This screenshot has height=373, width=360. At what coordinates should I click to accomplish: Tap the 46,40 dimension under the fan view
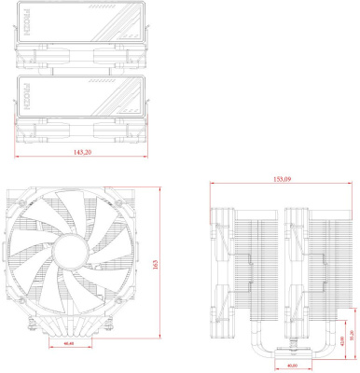tap(69, 345)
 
